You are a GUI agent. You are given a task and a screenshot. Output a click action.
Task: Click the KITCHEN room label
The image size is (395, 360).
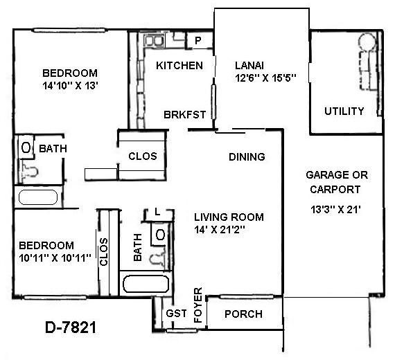179,66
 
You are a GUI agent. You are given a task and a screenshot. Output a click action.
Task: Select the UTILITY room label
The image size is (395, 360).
344,111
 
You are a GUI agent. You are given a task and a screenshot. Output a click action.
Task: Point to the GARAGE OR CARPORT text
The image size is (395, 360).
337,181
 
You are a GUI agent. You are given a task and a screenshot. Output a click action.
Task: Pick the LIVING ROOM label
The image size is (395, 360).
228,217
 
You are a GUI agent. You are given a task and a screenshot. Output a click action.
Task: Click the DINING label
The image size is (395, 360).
247,156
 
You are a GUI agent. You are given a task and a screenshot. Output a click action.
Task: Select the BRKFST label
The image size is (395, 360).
184,115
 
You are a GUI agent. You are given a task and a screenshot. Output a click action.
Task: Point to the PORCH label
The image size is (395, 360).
245,314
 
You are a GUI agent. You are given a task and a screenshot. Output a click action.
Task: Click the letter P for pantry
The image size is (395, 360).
197,42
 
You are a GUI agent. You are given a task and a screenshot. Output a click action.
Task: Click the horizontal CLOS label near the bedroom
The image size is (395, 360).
143,156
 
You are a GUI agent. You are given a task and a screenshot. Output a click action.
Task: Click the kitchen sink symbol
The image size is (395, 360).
154,41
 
